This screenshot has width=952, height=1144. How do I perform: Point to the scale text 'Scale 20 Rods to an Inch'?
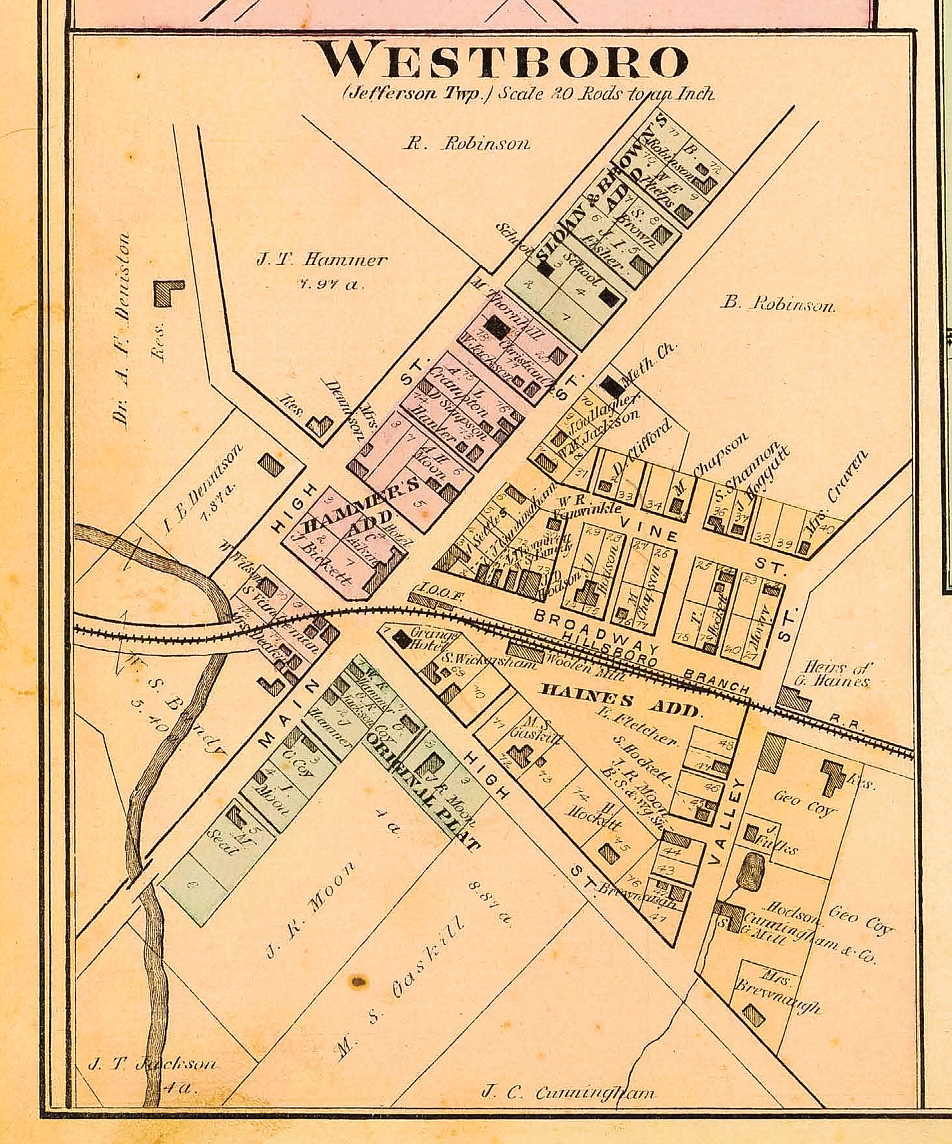coord(606,93)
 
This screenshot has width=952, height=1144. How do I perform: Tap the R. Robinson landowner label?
coord(466,144)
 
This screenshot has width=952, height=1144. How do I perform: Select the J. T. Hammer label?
coord(321,261)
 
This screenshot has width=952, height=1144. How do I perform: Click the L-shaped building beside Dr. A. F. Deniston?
coord(168,293)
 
